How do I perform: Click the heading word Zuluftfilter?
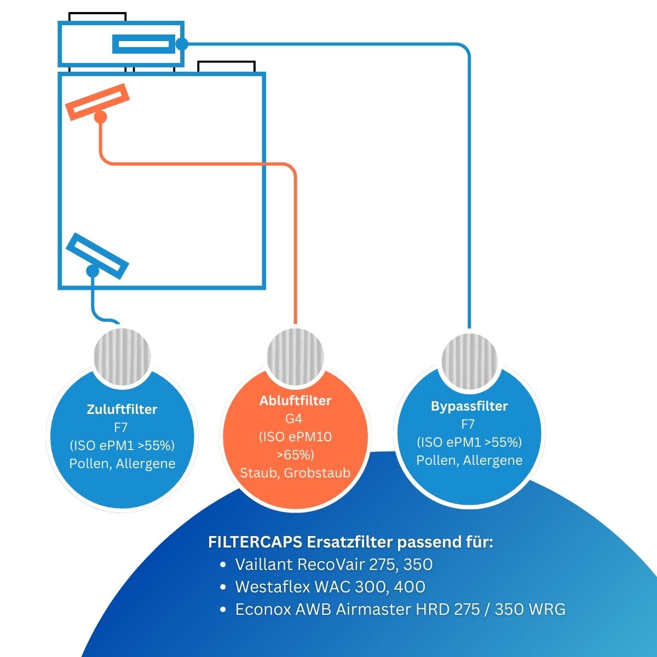(x=122, y=410)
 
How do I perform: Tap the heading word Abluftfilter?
(x=295, y=401)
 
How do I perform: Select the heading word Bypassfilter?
(x=469, y=406)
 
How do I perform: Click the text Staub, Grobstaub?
(x=295, y=473)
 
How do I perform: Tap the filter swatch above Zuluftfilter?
(x=123, y=353)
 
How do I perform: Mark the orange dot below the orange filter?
(x=100, y=117)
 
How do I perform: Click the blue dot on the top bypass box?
(x=182, y=43)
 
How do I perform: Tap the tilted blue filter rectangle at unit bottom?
(x=97, y=255)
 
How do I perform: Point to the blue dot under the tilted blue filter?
(x=93, y=270)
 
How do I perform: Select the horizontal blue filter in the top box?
(x=144, y=44)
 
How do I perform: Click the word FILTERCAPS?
(x=255, y=543)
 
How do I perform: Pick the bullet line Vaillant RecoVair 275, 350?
(x=333, y=564)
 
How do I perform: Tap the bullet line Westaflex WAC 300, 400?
(x=330, y=587)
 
